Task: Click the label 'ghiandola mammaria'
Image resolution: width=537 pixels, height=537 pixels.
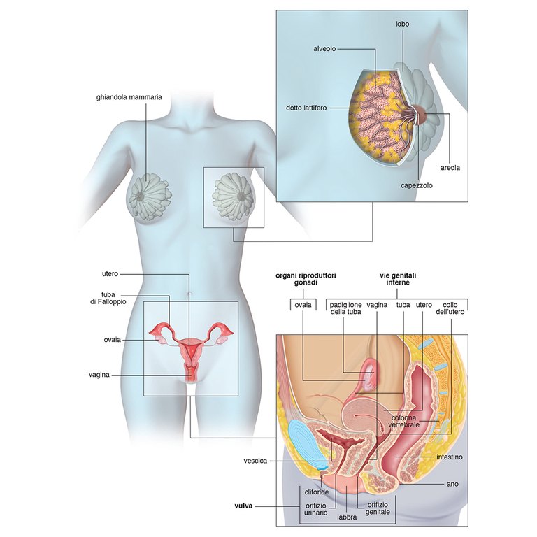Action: (x=129, y=97)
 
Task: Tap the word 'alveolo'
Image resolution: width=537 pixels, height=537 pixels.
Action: (x=326, y=49)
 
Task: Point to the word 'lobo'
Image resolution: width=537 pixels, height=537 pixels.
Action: (x=402, y=24)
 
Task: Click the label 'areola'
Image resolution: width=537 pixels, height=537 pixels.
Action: (x=449, y=168)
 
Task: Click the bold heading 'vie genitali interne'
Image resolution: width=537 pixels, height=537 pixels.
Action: (x=394, y=280)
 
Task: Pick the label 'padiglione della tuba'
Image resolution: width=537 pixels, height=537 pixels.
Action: (x=346, y=309)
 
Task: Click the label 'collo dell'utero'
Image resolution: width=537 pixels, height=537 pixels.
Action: (x=452, y=309)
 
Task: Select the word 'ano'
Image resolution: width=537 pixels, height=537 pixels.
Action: (x=452, y=483)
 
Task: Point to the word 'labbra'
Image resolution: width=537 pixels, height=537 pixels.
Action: (x=348, y=518)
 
